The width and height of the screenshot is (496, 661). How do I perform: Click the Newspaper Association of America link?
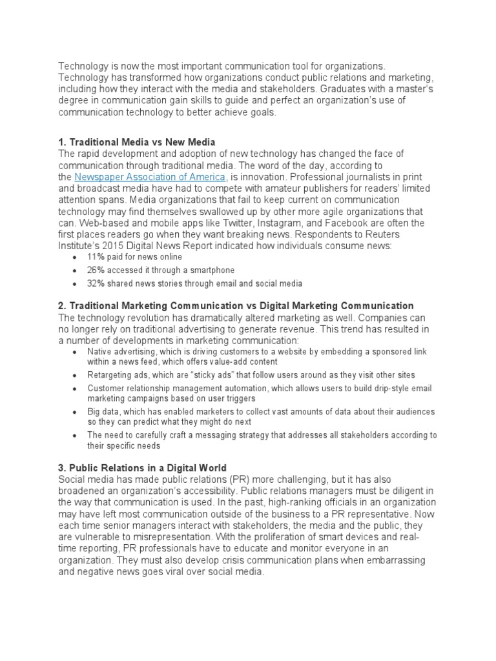pyautogui.click(x=150, y=177)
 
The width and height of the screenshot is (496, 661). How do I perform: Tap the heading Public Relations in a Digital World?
pyautogui.click(x=142, y=467)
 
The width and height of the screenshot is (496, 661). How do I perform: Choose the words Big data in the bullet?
pyautogui.click(x=102, y=411)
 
